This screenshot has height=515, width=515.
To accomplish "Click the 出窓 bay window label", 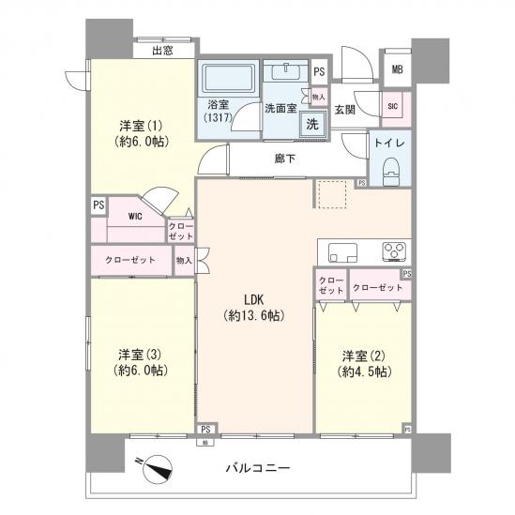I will coord(161,51).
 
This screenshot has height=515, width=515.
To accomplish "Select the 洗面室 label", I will coord(280,107).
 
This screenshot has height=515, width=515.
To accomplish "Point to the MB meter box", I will coord(398,69).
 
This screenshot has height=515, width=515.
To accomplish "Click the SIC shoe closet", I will coord(392,107).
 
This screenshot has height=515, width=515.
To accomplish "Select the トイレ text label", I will coord(389,144).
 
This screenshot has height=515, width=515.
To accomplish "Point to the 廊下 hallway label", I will coord(285,159).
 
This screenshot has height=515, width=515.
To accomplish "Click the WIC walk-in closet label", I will coord(135,215).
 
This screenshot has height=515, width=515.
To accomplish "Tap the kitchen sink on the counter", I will coord(343,250).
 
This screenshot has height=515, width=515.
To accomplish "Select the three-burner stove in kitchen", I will coord(391,250).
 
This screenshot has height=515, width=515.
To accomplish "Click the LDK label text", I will coord(255,299).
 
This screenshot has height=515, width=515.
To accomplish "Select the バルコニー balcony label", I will coord(256,467).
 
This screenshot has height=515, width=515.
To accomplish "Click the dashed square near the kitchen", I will coord(330,193).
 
